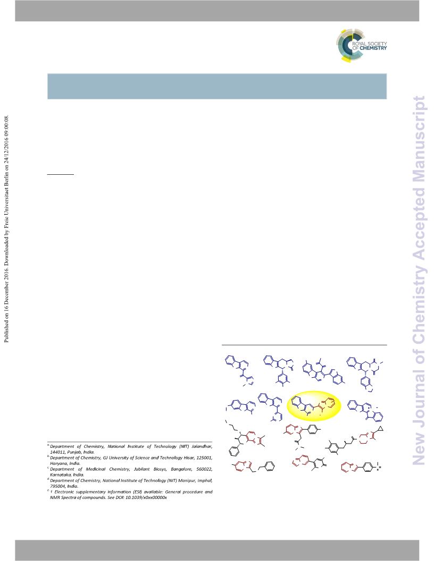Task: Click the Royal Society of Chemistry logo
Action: pyautogui.click(x=361, y=46)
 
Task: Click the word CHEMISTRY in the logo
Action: pyautogui.click(x=373, y=48)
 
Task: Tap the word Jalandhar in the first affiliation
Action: pyautogui.click(x=202, y=446)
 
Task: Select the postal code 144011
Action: pyautogui.click(x=57, y=452)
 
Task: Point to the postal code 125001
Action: pyautogui.click(x=204, y=458)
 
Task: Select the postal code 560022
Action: pyautogui.click(x=204, y=469)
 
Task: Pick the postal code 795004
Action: pyautogui.click(x=57, y=486)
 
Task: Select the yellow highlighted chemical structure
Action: pyautogui.click(x=314, y=406)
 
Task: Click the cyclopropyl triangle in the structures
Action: pyautogui.click(x=380, y=428)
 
